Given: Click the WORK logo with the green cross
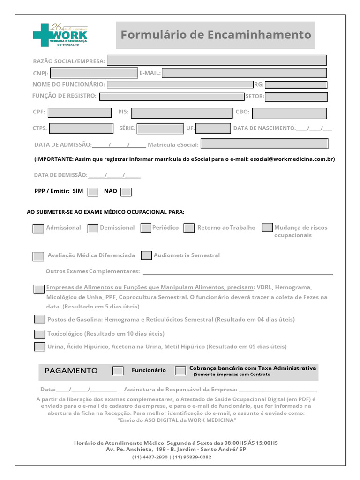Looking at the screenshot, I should pyautogui.click(x=60, y=35).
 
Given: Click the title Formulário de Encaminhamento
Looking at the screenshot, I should pyautogui.click(x=216, y=35).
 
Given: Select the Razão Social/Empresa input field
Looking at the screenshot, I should pyautogui.click(x=217, y=60).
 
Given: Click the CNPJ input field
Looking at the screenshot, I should pyautogui.click(x=94, y=73).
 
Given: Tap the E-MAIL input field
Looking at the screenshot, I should pyautogui.click(x=244, y=73).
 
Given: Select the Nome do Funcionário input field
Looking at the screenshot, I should pyautogui.click(x=180, y=84).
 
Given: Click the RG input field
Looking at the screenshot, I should pyautogui.click(x=296, y=85).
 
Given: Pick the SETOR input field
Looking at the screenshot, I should pyautogui.click(x=296, y=97).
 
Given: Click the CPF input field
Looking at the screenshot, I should pyautogui.click(x=80, y=112).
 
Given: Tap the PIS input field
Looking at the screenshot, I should pyautogui.click(x=181, y=113).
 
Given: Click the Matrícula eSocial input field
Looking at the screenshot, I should pyautogui.click(x=264, y=144).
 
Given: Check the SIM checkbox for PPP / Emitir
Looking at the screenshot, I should pyautogui.click(x=93, y=192).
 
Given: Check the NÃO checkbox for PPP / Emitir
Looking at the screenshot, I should pyautogui.click(x=126, y=192).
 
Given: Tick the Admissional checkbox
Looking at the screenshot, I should pyautogui.click(x=38, y=229).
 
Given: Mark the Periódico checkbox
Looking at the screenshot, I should pyautogui.click(x=146, y=228).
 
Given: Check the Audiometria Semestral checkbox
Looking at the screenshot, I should pyautogui.click(x=146, y=255).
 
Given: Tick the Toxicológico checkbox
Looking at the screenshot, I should pyautogui.click(x=39, y=334).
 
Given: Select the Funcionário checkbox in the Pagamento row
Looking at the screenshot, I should pyautogui.click(x=118, y=371).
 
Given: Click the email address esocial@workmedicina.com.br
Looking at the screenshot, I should pyautogui.click(x=292, y=159).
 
